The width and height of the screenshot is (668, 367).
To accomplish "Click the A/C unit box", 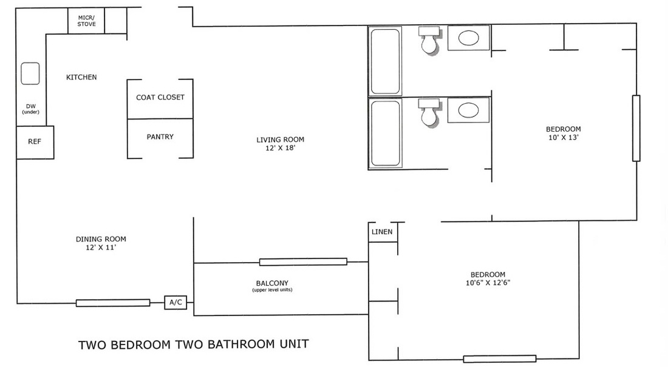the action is click(176, 302).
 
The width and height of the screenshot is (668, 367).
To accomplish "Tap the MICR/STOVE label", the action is click(86, 21).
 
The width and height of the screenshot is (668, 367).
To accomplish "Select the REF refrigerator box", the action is click(35, 142).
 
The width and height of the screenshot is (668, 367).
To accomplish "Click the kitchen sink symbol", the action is click(30, 73).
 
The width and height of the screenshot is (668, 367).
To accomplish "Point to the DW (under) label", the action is click(31, 109).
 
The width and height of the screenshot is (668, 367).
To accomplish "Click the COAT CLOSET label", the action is click(160, 97).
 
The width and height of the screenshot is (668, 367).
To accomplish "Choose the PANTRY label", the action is click(160, 136).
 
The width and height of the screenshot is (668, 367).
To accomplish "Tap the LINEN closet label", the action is click(382, 232).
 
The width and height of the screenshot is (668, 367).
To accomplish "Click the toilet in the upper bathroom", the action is click(429, 40).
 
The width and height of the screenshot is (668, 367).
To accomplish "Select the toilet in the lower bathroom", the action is click(429, 112).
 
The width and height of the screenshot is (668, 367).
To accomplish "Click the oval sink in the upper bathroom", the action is click(468, 38).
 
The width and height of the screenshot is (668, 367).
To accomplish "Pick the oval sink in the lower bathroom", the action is click(468, 110).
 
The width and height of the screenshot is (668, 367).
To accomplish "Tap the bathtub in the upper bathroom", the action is click(385, 61).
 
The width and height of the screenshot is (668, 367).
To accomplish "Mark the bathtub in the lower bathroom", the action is click(385, 133).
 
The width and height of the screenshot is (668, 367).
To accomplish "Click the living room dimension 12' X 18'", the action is click(281, 148).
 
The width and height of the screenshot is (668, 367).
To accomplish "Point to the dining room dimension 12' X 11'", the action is click(101, 247).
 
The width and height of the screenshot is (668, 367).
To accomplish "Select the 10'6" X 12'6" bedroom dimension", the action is click(488, 283).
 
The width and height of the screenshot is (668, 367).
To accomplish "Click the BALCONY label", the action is click(272, 283).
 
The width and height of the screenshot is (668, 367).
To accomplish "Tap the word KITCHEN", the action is click(81, 77).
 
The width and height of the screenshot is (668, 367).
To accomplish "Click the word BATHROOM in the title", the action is click(241, 344).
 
